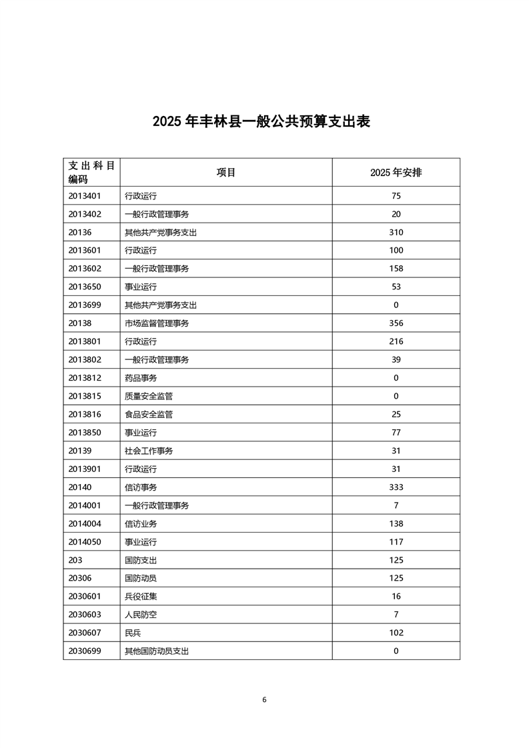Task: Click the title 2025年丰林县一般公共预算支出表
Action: point(261,121)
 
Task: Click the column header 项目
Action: point(226,172)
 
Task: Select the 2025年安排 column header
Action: point(396,172)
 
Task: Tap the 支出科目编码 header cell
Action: point(91,172)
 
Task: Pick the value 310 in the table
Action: point(396,233)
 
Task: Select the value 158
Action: point(396,269)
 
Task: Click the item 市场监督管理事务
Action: point(157,323)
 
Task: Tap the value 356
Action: point(396,323)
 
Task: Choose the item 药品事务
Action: point(141,378)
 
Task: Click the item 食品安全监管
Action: point(149,415)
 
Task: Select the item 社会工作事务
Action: point(149,451)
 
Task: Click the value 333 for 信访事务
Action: point(396,487)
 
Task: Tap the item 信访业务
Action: point(141,524)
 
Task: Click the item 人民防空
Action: point(141,615)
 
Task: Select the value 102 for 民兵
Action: point(396,633)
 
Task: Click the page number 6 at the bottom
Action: point(264,699)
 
